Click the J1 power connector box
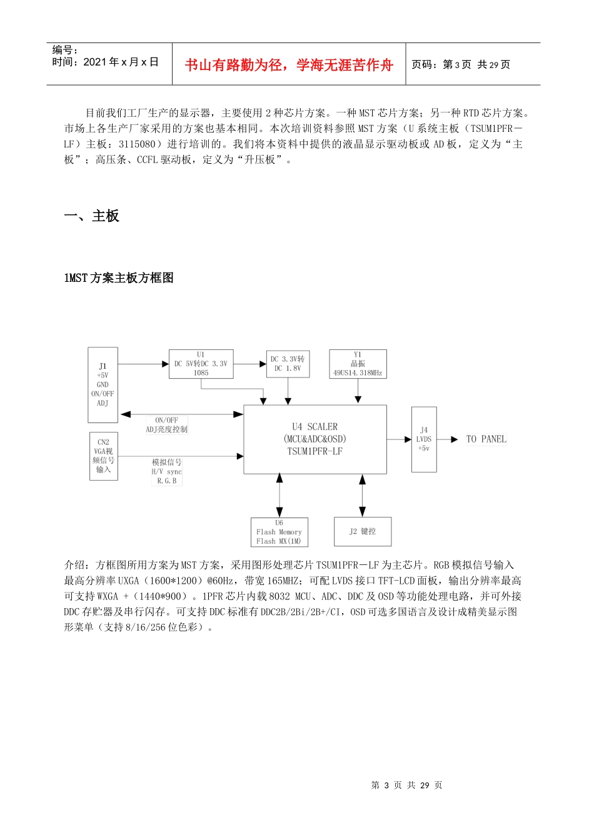[103, 384]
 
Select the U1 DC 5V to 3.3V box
[201, 364]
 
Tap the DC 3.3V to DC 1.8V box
[288, 364]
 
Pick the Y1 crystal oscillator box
[358, 364]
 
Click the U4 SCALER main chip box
[315, 439]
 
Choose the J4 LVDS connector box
[424, 439]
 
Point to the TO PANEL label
[486, 439]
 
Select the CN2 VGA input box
[103, 456]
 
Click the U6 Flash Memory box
[279, 532]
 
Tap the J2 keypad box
[363, 531]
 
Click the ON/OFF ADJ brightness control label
[166, 425]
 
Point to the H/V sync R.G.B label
[166, 472]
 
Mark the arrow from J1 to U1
[143, 364]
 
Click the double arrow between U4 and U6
[279, 495]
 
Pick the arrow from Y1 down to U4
[358, 391]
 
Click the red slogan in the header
[289, 65]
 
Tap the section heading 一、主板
[91, 216]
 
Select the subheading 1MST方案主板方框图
[119, 278]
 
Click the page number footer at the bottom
[406, 785]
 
